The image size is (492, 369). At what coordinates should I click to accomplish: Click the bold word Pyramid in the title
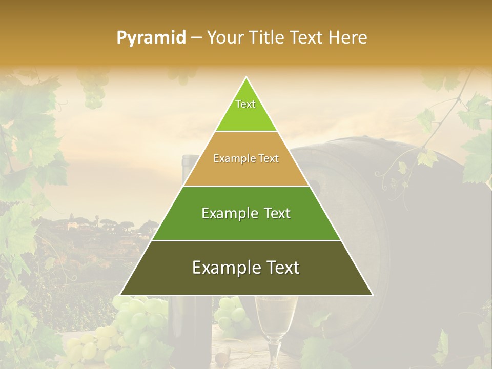point(151,38)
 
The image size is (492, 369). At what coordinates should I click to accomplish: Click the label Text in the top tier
point(245,104)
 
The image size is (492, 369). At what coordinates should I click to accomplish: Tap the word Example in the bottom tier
point(223,268)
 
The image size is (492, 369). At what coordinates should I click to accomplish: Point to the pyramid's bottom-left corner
point(121,294)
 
